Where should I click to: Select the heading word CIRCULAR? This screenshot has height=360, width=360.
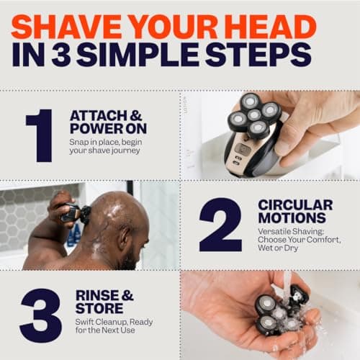point(295,205)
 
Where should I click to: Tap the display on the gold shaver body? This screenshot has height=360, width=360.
point(243,150)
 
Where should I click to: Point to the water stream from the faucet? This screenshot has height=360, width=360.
point(288,282)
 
